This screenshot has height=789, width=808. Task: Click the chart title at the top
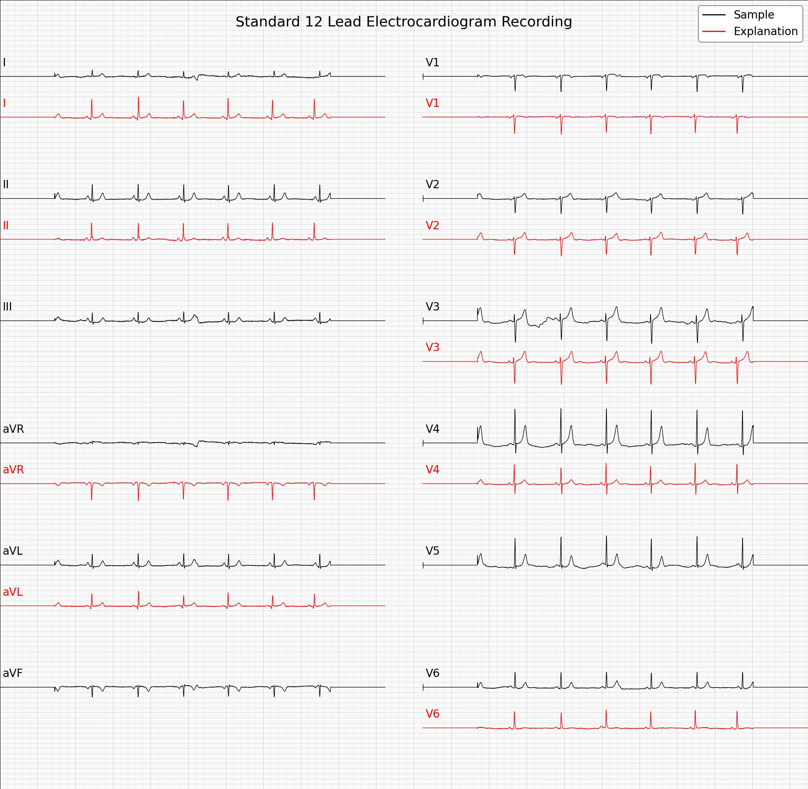404,22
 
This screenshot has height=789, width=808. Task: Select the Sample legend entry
753,15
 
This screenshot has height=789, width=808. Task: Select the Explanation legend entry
765,31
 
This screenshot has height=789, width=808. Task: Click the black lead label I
4,63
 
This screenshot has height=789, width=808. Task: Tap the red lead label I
4,103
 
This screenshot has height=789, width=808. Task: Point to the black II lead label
6,184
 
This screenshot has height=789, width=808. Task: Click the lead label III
7,307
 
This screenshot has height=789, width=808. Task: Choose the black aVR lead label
13,429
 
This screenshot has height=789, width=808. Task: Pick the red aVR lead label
13,469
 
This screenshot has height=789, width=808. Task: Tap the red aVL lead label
13,592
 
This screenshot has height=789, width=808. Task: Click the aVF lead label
13,673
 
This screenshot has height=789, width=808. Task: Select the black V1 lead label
432,63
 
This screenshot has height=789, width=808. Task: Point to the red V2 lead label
432,225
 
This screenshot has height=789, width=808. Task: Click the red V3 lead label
432,347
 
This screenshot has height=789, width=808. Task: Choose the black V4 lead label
432,429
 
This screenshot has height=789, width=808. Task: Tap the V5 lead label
432,551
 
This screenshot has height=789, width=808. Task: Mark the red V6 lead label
432,714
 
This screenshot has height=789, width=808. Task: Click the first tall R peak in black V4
515,410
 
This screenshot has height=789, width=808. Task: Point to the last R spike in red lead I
314,100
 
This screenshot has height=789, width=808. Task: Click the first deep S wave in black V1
515,90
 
